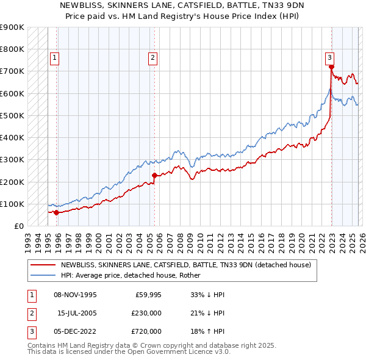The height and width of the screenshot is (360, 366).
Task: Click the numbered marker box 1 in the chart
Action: (x=55, y=58)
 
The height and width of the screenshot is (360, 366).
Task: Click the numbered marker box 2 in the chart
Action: (x=152, y=58)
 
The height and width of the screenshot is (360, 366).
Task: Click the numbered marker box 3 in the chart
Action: (x=329, y=58)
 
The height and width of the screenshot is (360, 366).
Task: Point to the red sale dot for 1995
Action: (x=56, y=212)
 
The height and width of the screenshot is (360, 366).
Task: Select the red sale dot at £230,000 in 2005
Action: (x=154, y=175)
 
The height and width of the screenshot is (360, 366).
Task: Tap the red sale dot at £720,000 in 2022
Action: (x=331, y=67)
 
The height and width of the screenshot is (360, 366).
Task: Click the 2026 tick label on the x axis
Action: (x=361, y=239)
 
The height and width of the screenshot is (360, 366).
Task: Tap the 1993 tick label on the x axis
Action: (x=28, y=239)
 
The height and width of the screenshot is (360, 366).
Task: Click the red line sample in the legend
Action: (x=43, y=265)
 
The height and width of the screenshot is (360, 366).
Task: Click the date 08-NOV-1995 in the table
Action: (x=76, y=294)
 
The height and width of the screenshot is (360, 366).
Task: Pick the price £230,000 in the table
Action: (x=147, y=313)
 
